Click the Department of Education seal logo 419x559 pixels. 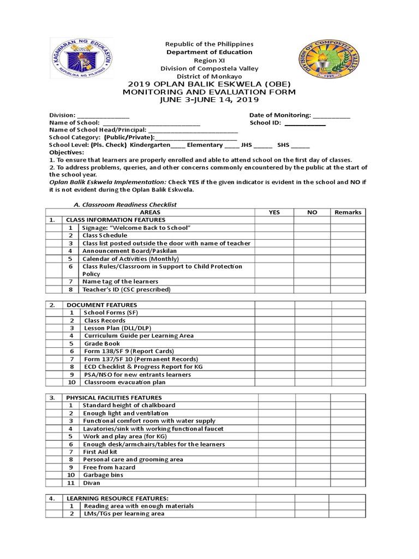point(81,58)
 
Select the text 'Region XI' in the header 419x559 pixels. point(209,60)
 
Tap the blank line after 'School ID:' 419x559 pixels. point(305,123)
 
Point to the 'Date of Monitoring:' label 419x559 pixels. point(280,115)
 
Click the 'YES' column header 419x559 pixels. point(275,212)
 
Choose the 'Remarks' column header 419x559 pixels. point(348,212)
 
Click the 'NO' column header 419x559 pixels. point(312,212)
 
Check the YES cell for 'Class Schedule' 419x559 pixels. point(275,235)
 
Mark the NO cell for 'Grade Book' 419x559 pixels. point(313,343)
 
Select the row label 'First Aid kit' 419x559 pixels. point(100,452)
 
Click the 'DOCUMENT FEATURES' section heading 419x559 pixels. point(102,305)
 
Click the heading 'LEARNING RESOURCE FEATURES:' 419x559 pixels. point(117,498)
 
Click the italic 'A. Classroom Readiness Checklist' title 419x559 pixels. point(125,204)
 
